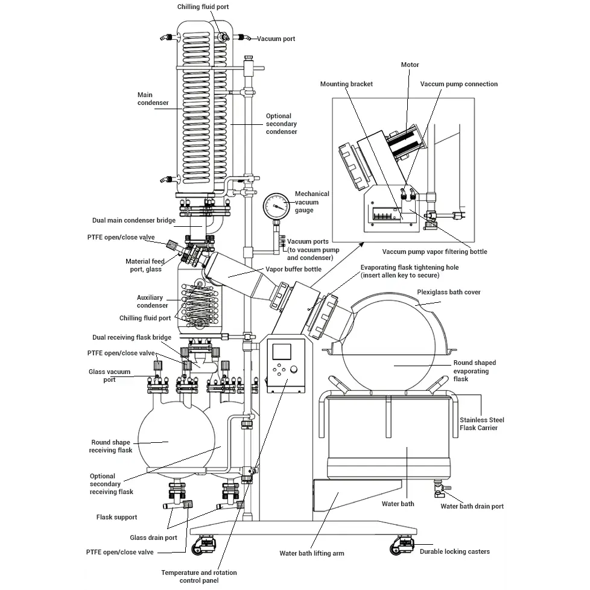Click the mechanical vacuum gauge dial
[x=276, y=206]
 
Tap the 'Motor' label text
[x=410, y=65]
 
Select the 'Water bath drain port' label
[x=472, y=507]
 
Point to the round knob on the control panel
[x=294, y=369]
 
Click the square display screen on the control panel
[x=282, y=352]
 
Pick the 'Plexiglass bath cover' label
[x=448, y=292]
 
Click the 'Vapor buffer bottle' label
[x=294, y=269]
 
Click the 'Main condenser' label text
[x=153, y=98]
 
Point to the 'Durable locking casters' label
[x=454, y=551]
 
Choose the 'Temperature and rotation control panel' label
[x=199, y=577]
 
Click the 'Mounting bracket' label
[x=346, y=84]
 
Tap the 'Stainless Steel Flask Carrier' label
[x=481, y=423]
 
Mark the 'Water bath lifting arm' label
[x=311, y=553]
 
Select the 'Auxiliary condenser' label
[x=152, y=302]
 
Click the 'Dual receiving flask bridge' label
[x=132, y=337]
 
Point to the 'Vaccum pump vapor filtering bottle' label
[x=434, y=252]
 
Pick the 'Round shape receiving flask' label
[x=110, y=446]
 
